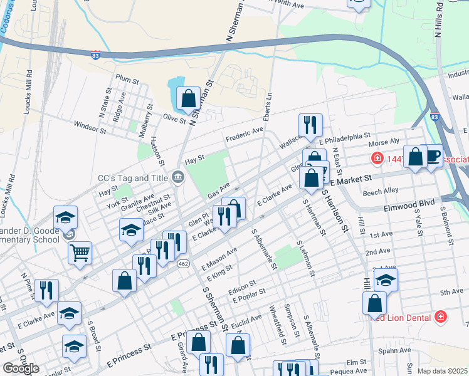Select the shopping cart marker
click(80, 253)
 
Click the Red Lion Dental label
click(401, 316)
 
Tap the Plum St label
click(127, 80)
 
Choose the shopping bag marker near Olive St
click(188, 98)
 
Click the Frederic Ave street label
click(244, 134)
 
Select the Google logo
click(20, 368)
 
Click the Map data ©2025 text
click(442, 370)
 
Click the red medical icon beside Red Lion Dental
click(441, 316)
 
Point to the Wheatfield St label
click(277, 326)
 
